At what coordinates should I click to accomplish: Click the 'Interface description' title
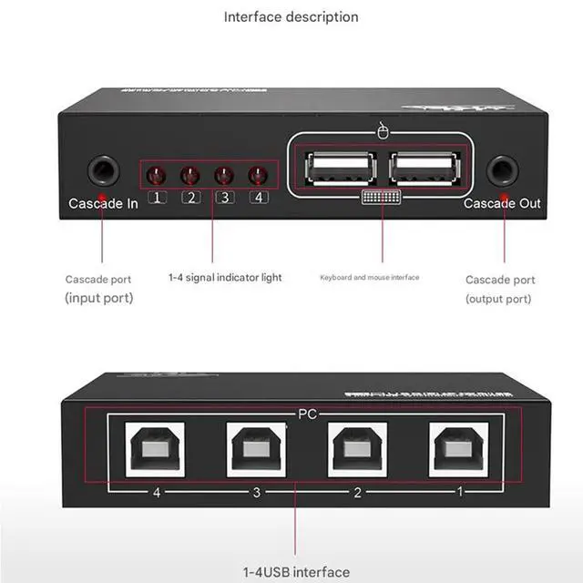click(x=291, y=16)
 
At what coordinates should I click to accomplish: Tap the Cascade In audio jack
click(x=102, y=170)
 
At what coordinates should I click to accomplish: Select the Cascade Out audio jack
click(x=502, y=170)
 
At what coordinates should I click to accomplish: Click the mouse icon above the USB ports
click(x=382, y=131)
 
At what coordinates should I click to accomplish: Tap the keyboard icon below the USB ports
click(x=382, y=198)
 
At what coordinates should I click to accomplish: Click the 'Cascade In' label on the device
click(x=103, y=203)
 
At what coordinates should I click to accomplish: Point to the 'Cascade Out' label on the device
click(x=502, y=203)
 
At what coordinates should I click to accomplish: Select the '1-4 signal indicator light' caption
click(x=225, y=277)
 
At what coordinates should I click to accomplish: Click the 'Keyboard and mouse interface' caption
click(x=369, y=277)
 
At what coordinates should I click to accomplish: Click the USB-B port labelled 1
click(x=459, y=448)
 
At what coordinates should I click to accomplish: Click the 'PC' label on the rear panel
click(x=307, y=414)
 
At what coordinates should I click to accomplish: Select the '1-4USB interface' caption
click(x=295, y=572)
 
